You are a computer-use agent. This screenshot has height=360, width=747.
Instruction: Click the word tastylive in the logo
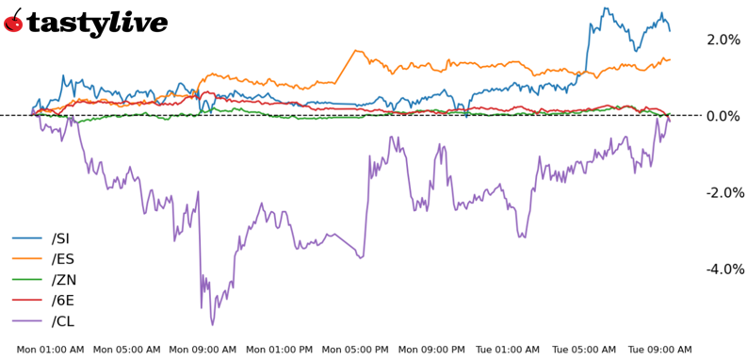coord(97,23)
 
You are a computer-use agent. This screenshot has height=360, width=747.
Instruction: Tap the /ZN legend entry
coord(66,279)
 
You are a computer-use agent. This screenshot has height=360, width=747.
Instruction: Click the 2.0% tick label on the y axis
coord(723,40)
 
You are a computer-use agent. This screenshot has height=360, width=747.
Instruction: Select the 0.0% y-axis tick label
coord(723,116)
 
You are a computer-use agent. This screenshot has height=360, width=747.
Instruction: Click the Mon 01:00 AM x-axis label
coord(50,350)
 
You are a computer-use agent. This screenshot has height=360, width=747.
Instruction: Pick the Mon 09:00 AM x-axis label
coord(203,350)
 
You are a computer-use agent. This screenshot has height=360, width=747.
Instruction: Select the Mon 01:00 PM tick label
coord(280,350)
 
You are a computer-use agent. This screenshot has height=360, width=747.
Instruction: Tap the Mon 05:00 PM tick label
coord(356,350)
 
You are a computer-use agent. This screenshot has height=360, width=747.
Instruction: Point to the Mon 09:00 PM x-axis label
coord(432,350)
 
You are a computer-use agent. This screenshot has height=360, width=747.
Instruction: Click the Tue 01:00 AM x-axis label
coord(509,350)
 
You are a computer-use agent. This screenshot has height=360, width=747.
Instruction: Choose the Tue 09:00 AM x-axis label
coord(659,350)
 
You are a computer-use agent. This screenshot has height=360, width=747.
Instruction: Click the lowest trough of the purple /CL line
coord(212,325)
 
